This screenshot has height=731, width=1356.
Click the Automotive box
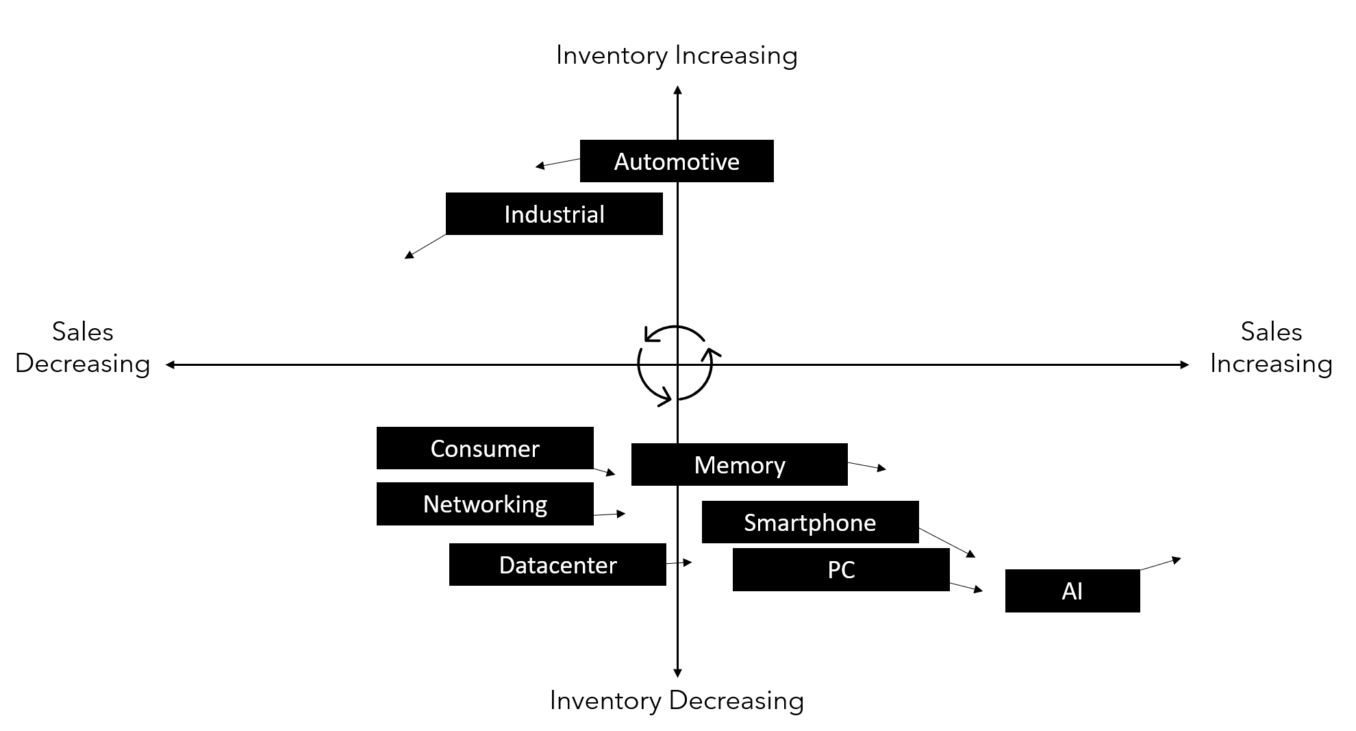(x=677, y=162)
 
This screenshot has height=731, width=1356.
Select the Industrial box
(x=554, y=214)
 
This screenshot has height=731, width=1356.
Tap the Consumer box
(x=485, y=448)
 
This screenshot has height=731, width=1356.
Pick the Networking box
(x=485, y=504)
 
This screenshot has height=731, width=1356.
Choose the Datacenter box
(x=557, y=565)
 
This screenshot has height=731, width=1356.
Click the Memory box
(x=739, y=464)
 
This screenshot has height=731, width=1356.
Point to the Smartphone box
(x=810, y=522)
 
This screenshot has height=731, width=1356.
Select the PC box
(x=841, y=569)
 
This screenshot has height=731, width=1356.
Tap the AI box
(x=1072, y=591)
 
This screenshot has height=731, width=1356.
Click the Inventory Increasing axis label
(x=677, y=55)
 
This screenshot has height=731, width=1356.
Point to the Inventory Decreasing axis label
(x=677, y=700)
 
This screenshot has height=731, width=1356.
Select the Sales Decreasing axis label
(x=83, y=347)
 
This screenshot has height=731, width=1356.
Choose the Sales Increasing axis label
(x=1271, y=347)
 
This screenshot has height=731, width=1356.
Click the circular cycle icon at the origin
(x=676, y=364)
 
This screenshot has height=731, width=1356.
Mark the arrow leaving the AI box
(x=1161, y=564)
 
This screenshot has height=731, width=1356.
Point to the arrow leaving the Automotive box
(x=557, y=163)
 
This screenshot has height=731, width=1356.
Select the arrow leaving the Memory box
(x=867, y=466)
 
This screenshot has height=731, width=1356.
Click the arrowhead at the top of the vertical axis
(x=677, y=90)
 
